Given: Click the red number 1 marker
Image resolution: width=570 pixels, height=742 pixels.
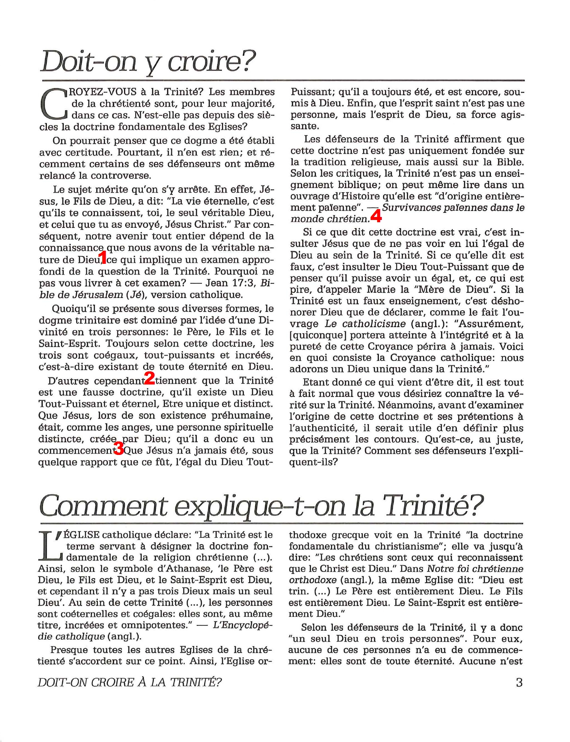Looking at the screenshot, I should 102,257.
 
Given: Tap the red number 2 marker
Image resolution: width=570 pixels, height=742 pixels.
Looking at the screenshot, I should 149,378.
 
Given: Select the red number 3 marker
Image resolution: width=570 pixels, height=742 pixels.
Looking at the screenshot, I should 119,449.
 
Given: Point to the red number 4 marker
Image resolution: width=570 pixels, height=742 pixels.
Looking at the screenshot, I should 376,216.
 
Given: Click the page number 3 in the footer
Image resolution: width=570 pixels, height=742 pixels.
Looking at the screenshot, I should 519,682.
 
